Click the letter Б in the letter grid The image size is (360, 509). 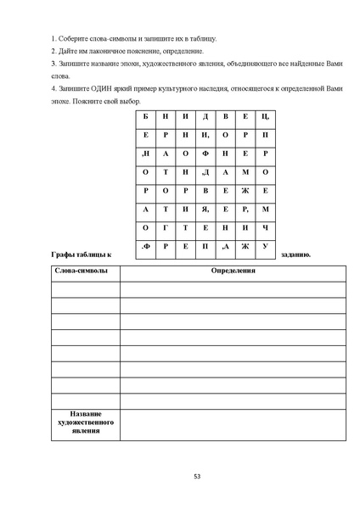pos(145,116)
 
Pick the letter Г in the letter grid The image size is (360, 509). pos(166,227)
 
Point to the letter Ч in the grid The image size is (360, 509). pos(266,227)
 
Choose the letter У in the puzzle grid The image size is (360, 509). pos(266,246)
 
